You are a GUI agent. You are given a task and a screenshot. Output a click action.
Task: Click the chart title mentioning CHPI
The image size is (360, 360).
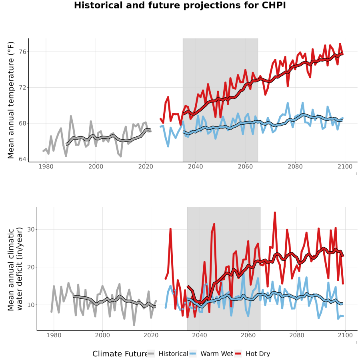(x=180, y=5)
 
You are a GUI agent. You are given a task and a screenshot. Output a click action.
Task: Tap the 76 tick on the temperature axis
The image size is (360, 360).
(x=22, y=52)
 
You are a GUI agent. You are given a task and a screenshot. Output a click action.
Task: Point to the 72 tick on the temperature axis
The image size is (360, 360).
(x=22, y=88)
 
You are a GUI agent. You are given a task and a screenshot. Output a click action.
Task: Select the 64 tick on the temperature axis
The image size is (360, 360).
(x=22, y=159)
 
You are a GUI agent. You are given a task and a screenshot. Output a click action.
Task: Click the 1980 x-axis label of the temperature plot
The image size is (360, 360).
(x=46, y=166)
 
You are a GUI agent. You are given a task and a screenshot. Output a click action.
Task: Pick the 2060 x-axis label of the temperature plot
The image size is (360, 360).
(x=245, y=166)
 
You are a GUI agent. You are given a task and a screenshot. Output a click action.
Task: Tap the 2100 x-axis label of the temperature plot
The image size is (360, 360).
(x=345, y=166)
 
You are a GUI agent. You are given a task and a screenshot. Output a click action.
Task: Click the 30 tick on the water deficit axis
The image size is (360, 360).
(x=30, y=229)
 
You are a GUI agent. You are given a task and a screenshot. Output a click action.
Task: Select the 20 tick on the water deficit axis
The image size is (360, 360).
(x=30, y=267)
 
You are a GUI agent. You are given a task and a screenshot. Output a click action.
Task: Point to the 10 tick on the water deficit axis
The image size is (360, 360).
(x=30, y=305)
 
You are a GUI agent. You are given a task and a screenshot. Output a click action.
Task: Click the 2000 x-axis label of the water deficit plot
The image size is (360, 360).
(x=102, y=335)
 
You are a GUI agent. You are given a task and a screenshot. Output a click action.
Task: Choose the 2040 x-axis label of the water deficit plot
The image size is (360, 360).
(x=200, y=335)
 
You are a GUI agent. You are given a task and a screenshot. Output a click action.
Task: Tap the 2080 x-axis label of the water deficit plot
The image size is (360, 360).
(x=297, y=335)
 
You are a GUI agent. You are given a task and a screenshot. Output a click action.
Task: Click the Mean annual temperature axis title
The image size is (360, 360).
(x=11, y=100)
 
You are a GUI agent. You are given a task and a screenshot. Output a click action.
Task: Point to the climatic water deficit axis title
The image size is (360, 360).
(x=15, y=269)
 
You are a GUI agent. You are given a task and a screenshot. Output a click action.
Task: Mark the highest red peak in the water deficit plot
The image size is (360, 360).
(x=275, y=213)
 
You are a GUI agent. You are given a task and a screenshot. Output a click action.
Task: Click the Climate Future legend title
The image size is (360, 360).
(x=120, y=354)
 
